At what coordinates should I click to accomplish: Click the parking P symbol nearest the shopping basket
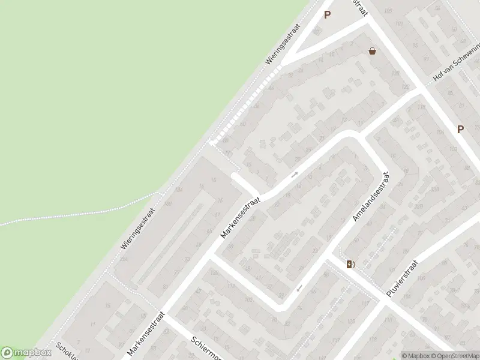point(327,15)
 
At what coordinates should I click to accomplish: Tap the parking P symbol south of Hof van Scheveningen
point(460,129)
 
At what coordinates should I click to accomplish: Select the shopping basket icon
point(373,52)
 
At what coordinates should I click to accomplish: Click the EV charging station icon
point(350,264)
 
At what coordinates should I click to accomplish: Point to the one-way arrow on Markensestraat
point(294,175)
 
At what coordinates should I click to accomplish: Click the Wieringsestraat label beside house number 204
point(139,235)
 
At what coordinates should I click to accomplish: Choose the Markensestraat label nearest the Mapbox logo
point(145,333)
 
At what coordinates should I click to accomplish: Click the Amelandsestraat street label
point(372,197)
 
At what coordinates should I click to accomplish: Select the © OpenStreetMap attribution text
point(458,356)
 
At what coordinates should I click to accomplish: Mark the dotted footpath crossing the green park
point(78,213)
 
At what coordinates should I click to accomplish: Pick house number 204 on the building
point(179,190)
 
